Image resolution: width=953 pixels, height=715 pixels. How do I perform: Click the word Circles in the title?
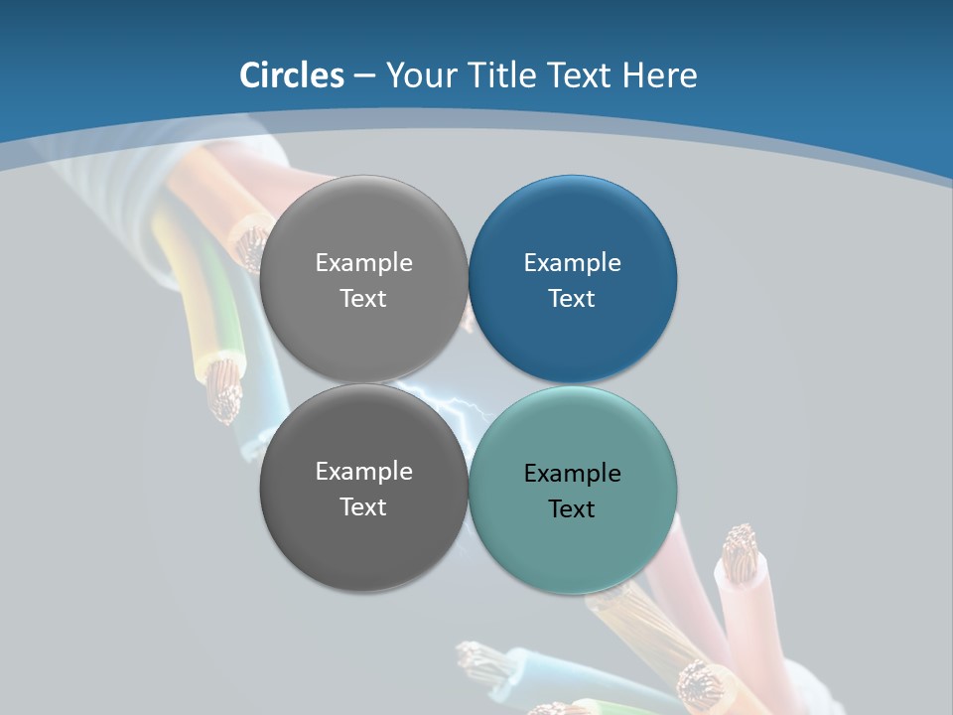[x=292, y=75]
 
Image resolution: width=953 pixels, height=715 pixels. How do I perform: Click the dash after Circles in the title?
[x=364, y=76]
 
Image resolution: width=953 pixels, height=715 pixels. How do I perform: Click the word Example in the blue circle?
[x=572, y=263]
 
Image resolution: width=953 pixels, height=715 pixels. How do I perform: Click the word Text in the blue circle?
[x=572, y=299]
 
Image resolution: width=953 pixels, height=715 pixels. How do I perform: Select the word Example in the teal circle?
[x=572, y=474]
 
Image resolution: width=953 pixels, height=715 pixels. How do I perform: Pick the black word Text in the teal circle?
[x=572, y=509]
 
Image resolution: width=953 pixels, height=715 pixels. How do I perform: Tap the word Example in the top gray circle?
[x=363, y=263]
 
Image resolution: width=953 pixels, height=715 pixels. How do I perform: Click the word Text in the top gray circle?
[x=363, y=299]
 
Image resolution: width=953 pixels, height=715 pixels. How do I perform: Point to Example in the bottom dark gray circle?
[x=363, y=472]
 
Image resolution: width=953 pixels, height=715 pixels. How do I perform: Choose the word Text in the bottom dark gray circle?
[x=363, y=507]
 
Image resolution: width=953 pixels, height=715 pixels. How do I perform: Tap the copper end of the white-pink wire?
[x=740, y=552]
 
